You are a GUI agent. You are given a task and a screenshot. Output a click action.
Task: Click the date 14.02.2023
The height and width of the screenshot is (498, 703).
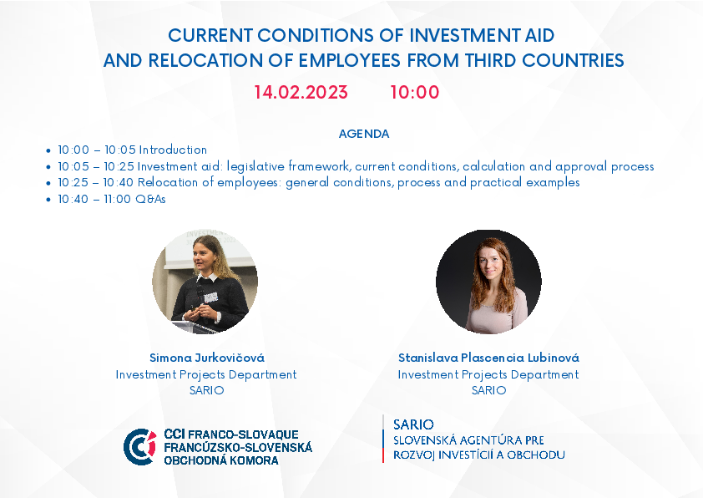click(301, 93)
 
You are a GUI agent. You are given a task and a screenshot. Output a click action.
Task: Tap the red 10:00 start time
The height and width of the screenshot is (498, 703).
click(415, 93)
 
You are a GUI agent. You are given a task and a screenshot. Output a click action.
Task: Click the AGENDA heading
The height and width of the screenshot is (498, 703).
click(363, 134)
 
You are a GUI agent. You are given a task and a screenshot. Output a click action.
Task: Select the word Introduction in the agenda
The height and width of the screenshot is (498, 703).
click(173, 150)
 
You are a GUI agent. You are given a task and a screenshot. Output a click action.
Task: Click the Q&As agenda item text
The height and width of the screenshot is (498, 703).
click(150, 199)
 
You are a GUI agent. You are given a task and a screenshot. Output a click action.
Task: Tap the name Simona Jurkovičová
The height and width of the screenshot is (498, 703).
click(207, 358)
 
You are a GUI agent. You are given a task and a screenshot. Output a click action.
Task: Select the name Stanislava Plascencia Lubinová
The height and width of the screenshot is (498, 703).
click(488, 358)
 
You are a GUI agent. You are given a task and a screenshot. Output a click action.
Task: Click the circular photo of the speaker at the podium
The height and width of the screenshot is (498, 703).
click(205, 282)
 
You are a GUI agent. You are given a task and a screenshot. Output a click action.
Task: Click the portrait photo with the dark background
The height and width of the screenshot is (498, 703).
click(488, 282)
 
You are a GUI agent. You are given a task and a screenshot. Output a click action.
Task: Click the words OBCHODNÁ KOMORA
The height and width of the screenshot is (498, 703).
click(221, 460)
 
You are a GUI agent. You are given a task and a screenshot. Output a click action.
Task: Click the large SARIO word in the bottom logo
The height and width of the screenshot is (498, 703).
click(413, 424)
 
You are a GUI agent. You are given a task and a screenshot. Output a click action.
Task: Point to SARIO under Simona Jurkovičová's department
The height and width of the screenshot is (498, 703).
click(206, 390)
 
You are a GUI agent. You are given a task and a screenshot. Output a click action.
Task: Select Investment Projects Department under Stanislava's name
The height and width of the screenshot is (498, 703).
click(488, 374)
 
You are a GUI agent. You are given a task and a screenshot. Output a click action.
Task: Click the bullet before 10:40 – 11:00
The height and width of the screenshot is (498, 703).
click(48, 200)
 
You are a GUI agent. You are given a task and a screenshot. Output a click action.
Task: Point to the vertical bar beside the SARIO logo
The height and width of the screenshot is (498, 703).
click(383, 439)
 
